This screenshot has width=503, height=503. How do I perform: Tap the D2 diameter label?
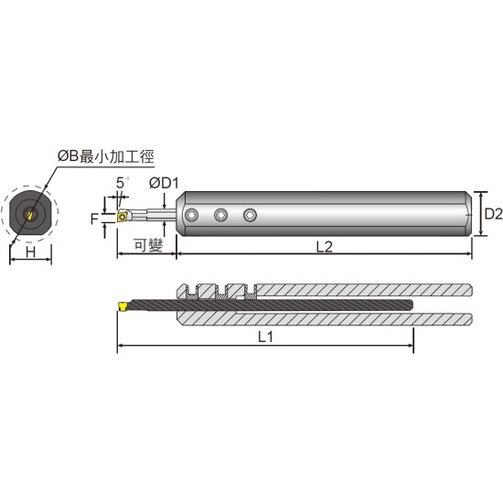[x=492, y=214]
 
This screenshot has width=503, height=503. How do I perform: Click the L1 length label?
[x=265, y=337]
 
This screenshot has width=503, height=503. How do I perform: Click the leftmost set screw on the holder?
[x=191, y=215]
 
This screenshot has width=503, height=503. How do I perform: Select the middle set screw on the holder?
[x=220, y=215]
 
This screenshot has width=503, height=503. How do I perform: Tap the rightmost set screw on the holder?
[x=250, y=215]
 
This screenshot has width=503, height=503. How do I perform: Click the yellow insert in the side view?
[x=121, y=218]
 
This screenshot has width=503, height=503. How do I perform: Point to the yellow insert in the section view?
[x=121, y=304]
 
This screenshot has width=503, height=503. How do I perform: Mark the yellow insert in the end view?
[x=31, y=216]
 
